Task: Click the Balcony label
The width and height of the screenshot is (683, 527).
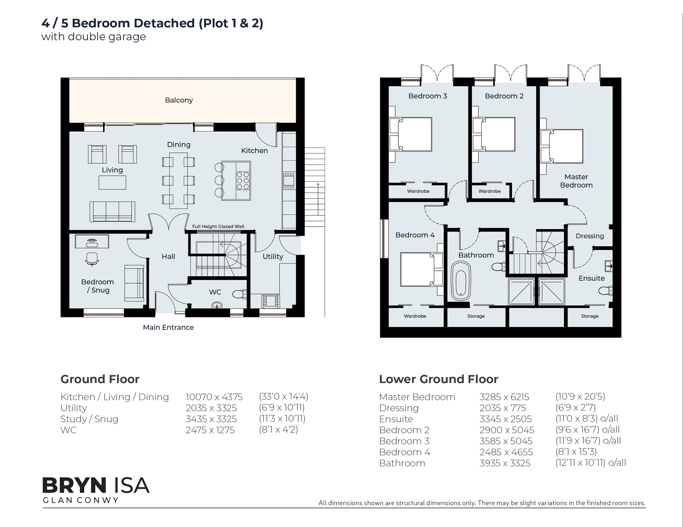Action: click(x=179, y=100)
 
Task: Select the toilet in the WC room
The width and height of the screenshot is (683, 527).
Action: click(x=240, y=294)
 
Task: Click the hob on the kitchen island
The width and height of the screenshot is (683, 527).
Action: click(x=243, y=181)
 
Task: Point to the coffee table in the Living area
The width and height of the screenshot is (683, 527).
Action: click(x=112, y=183)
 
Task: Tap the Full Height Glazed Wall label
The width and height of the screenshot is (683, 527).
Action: click(x=218, y=226)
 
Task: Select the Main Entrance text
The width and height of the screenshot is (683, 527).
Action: click(x=168, y=327)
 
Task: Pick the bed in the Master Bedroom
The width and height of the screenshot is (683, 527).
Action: click(x=562, y=146)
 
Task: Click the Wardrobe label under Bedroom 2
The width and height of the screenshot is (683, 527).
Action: click(x=489, y=191)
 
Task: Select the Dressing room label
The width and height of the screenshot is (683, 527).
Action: click(x=590, y=236)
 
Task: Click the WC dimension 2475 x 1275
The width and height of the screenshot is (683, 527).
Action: click(x=210, y=430)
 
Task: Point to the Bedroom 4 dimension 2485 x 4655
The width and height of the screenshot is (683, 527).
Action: click(x=506, y=452)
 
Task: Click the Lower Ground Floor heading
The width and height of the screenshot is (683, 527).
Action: click(x=438, y=379)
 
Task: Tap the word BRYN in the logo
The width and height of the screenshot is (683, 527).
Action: click(x=74, y=486)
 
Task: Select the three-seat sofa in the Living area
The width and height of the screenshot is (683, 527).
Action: click(x=113, y=212)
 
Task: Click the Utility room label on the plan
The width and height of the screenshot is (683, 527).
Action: click(x=273, y=257)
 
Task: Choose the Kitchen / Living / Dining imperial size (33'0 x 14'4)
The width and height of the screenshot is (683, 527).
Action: click(x=283, y=397)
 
